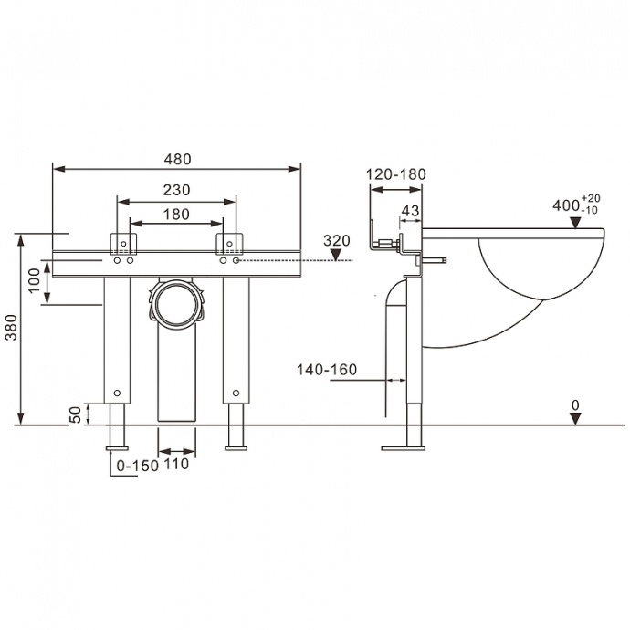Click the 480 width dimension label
(177, 160)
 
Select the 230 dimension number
(176, 190)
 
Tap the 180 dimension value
(176, 215)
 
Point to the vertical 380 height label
(12, 328)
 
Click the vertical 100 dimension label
(35, 280)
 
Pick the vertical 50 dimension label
(75, 415)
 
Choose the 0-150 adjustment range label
(137, 466)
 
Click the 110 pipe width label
(176, 464)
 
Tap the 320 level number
(337, 241)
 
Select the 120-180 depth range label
(395, 174)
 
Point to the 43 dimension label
(410, 211)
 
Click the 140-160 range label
(327, 370)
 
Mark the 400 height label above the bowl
(566, 205)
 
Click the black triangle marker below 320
(337, 255)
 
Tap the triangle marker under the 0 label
(576, 419)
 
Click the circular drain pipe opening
(177, 303)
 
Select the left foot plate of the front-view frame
(117, 448)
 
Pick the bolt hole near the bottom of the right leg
(236, 393)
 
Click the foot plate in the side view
(403, 448)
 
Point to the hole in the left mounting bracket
(123, 244)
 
